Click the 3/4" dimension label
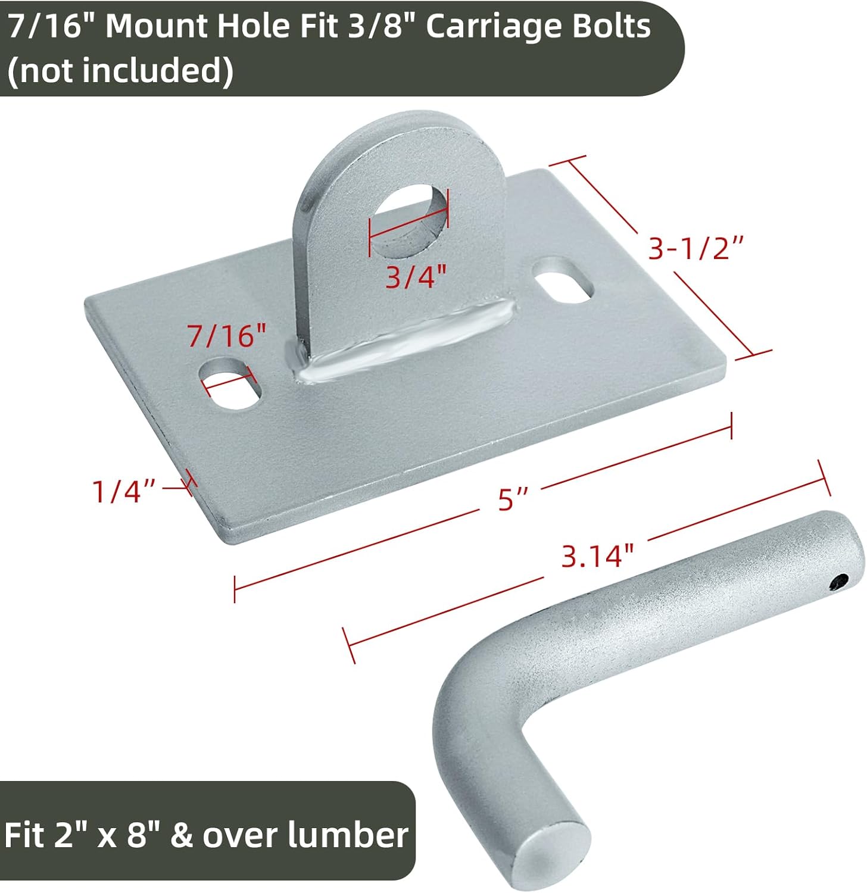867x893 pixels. coord(416,276)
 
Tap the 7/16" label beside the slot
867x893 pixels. coord(227,336)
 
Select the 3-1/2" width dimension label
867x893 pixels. coord(696,248)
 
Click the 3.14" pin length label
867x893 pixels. coord(597,556)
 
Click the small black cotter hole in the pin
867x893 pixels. coord(840,582)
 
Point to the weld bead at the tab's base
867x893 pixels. coord(405,339)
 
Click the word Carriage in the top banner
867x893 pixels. coord(494,27)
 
